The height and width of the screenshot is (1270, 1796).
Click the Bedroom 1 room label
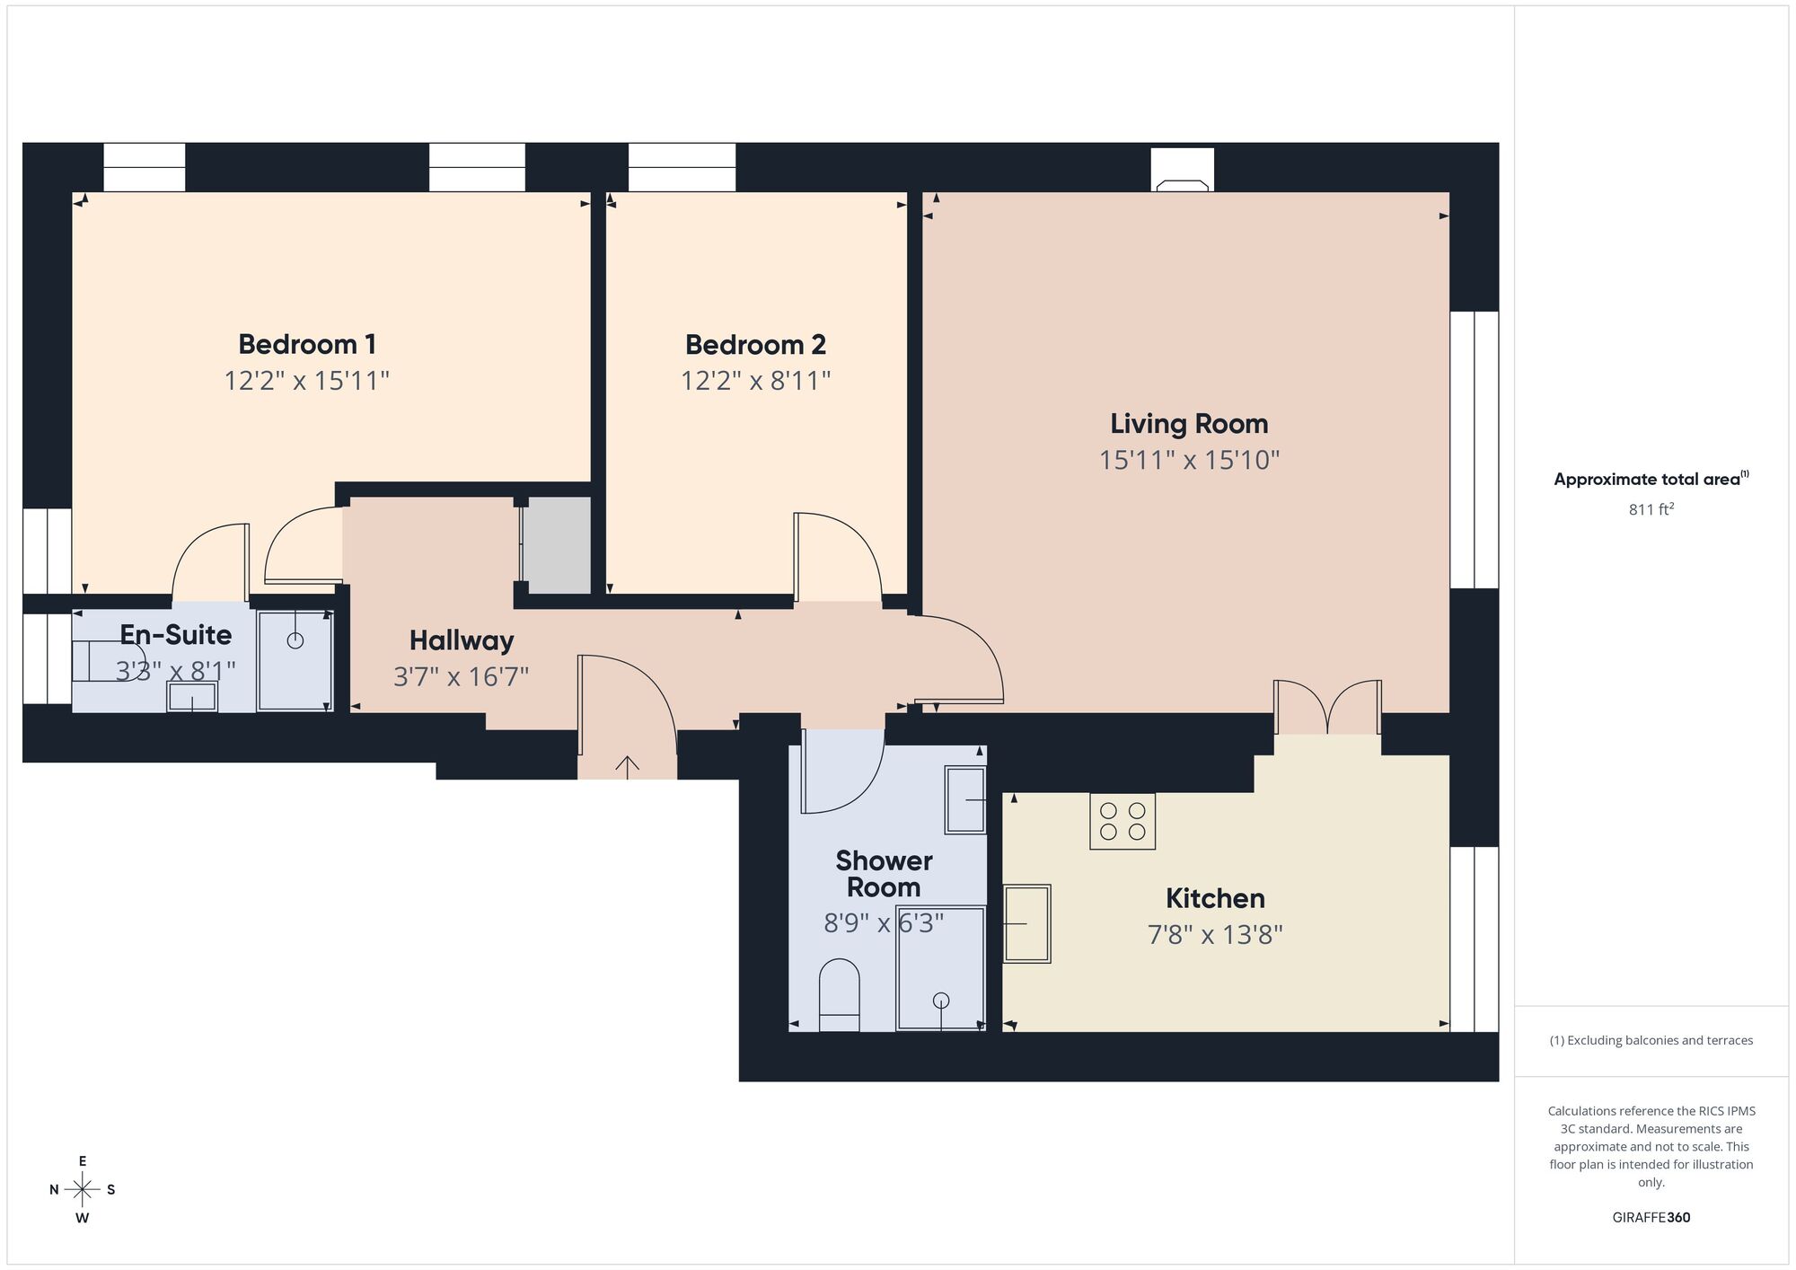(x=306, y=344)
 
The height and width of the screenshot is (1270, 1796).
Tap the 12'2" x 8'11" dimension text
(x=755, y=381)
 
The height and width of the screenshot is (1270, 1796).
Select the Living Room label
(x=1189, y=424)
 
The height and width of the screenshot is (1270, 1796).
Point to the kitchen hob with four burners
(x=1122, y=821)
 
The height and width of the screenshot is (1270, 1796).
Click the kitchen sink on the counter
(x=1026, y=923)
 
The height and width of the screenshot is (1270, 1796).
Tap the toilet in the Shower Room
(x=840, y=995)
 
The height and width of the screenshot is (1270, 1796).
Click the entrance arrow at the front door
(x=627, y=765)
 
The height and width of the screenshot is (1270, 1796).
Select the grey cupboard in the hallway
(x=557, y=545)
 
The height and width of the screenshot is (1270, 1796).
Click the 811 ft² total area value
(x=1651, y=509)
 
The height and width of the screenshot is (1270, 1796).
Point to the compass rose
(x=83, y=1190)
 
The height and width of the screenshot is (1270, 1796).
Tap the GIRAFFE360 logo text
(x=1651, y=1218)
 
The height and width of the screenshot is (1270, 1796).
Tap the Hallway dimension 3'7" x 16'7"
(x=461, y=676)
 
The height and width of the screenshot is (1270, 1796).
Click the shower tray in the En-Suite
(x=295, y=661)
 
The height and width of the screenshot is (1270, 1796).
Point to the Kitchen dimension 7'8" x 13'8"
(x=1214, y=935)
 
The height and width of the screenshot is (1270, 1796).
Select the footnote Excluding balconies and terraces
(x=1651, y=1040)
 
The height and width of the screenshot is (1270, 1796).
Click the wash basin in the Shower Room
(x=965, y=799)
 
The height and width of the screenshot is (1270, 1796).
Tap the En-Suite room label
(x=176, y=635)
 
